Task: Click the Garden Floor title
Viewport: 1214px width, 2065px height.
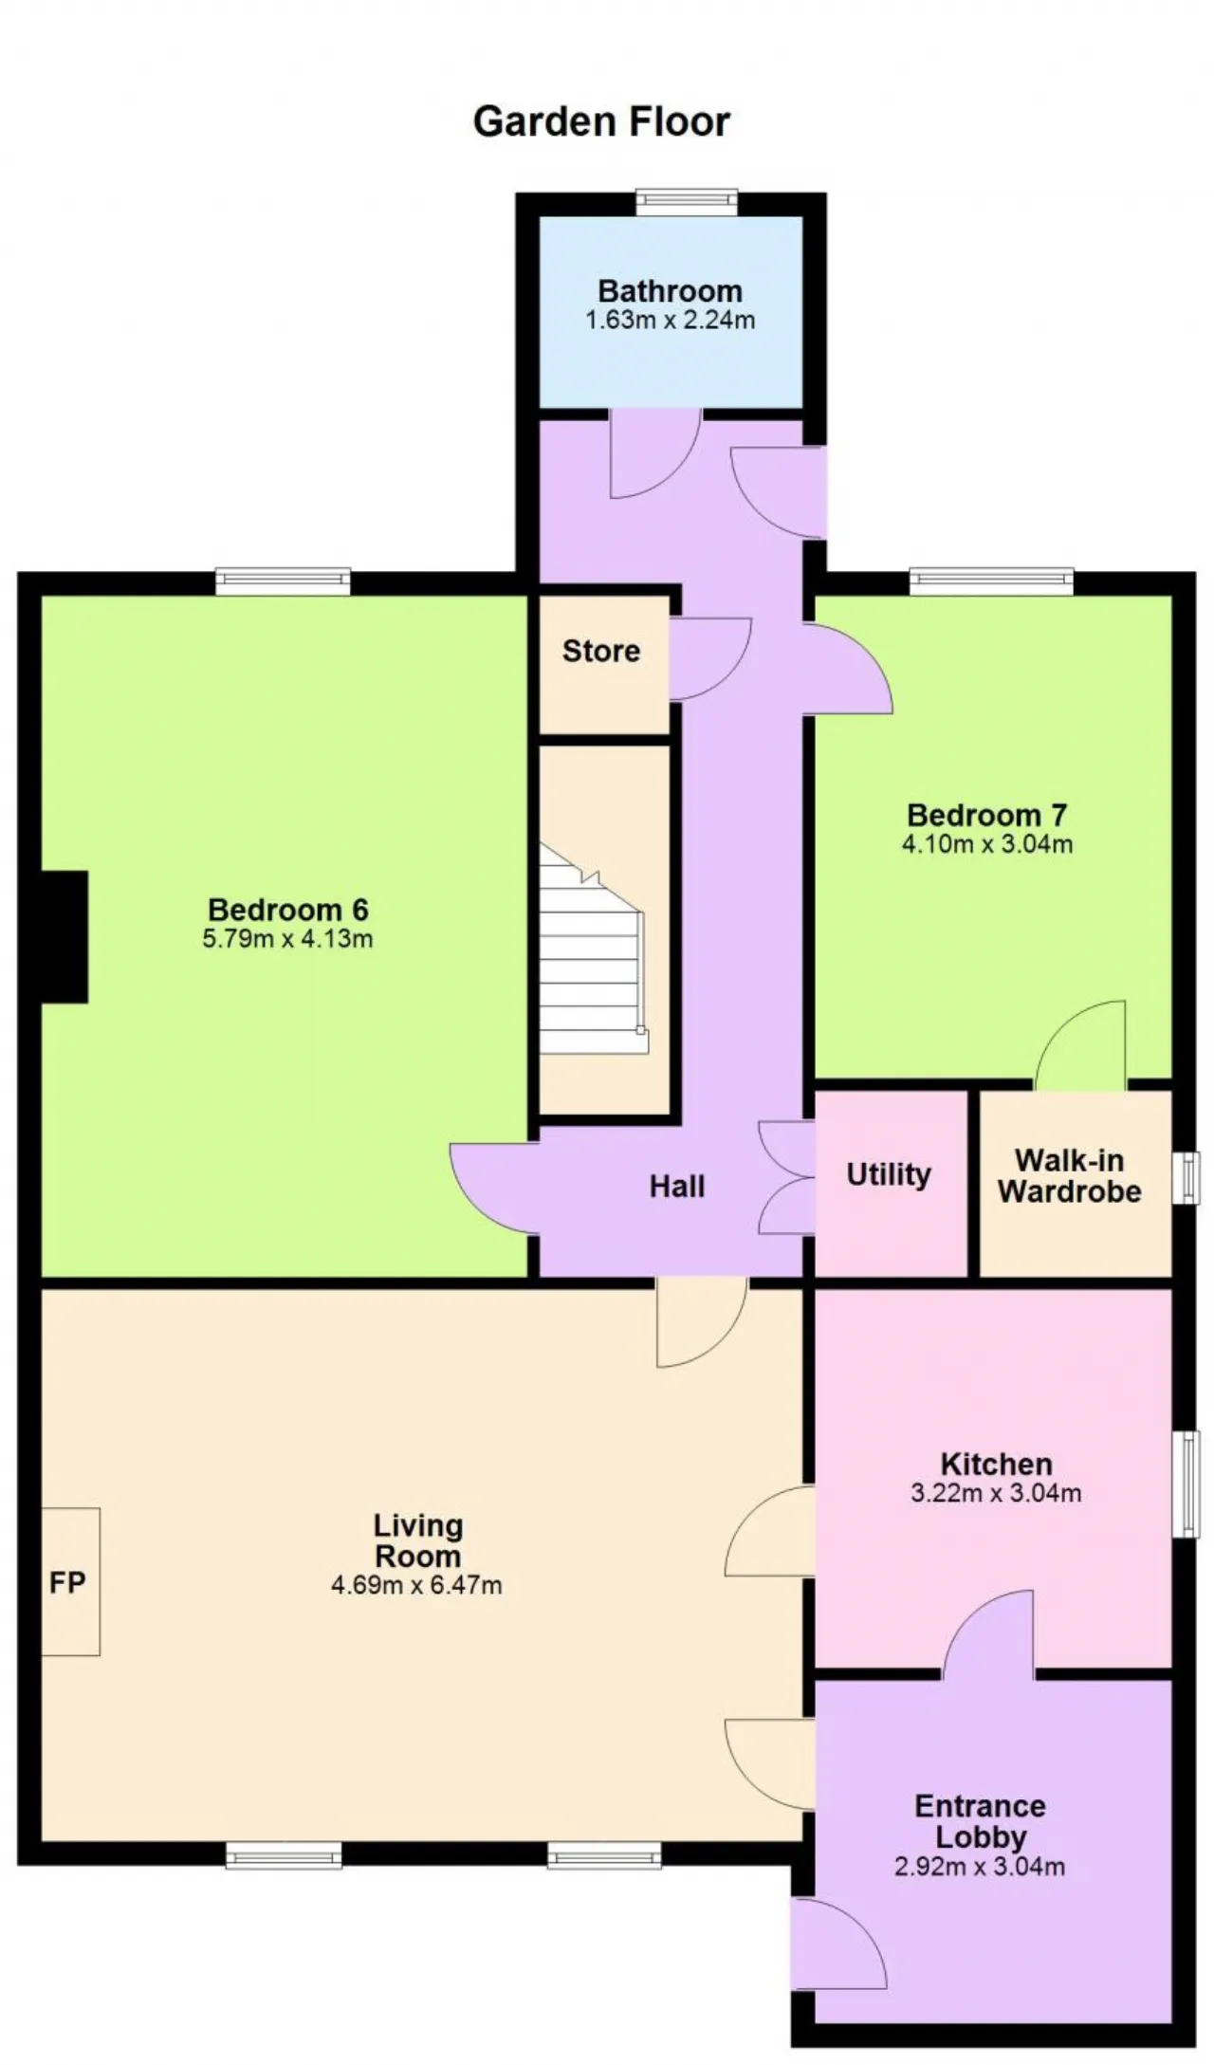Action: tap(601, 121)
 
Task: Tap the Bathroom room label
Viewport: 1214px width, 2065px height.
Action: tap(670, 290)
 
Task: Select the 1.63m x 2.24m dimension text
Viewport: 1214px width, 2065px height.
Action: tap(670, 321)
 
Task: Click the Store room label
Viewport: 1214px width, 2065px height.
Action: tap(600, 651)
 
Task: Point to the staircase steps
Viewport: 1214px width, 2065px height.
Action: tap(594, 949)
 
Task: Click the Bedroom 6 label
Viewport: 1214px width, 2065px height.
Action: tap(287, 910)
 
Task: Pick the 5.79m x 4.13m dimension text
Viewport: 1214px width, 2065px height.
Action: tap(287, 939)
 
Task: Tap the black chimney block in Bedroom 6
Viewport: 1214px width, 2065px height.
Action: tap(64, 936)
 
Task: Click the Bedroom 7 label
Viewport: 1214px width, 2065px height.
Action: tap(986, 815)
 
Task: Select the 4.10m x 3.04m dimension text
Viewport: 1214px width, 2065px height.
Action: tap(987, 844)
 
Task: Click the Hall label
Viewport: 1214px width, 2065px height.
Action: tap(677, 1186)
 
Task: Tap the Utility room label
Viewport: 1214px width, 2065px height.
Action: tap(889, 1174)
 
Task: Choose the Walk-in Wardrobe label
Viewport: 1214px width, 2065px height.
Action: tap(1069, 1175)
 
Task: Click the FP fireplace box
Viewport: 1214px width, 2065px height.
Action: tap(70, 1581)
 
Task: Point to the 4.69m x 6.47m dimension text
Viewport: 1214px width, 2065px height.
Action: tap(416, 1584)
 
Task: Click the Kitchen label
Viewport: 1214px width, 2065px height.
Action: tap(996, 1464)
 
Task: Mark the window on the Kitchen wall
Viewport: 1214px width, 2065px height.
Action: tap(1186, 1484)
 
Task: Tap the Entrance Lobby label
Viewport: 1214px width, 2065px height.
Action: tap(981, 1821)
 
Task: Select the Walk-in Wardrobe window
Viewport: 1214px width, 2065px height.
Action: tap(1186, 1178)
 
